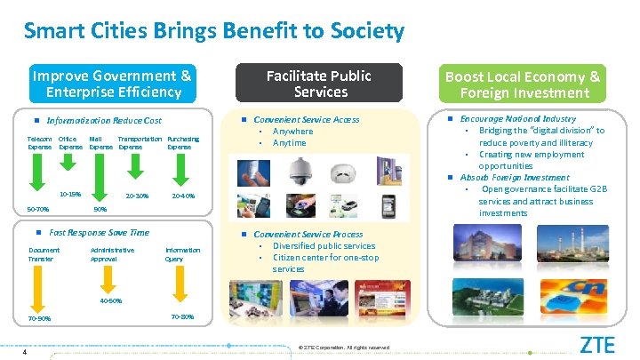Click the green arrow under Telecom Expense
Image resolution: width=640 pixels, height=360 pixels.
click(x=35, y=172)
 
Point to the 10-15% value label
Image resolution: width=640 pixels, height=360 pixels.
click(x=69, y=194)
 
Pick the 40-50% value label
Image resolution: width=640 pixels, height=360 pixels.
click(x=110, y=300)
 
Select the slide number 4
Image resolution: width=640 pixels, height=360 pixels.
click(x=27, y=351)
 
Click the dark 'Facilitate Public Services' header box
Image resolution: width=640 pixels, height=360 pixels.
click(x=319, y=84)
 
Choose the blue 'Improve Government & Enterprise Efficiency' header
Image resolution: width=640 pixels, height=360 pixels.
click(x=110, y=84)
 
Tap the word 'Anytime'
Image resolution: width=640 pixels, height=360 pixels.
click(x=289, y=143)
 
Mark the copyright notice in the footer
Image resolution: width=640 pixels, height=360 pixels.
click(x=345, y=347)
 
